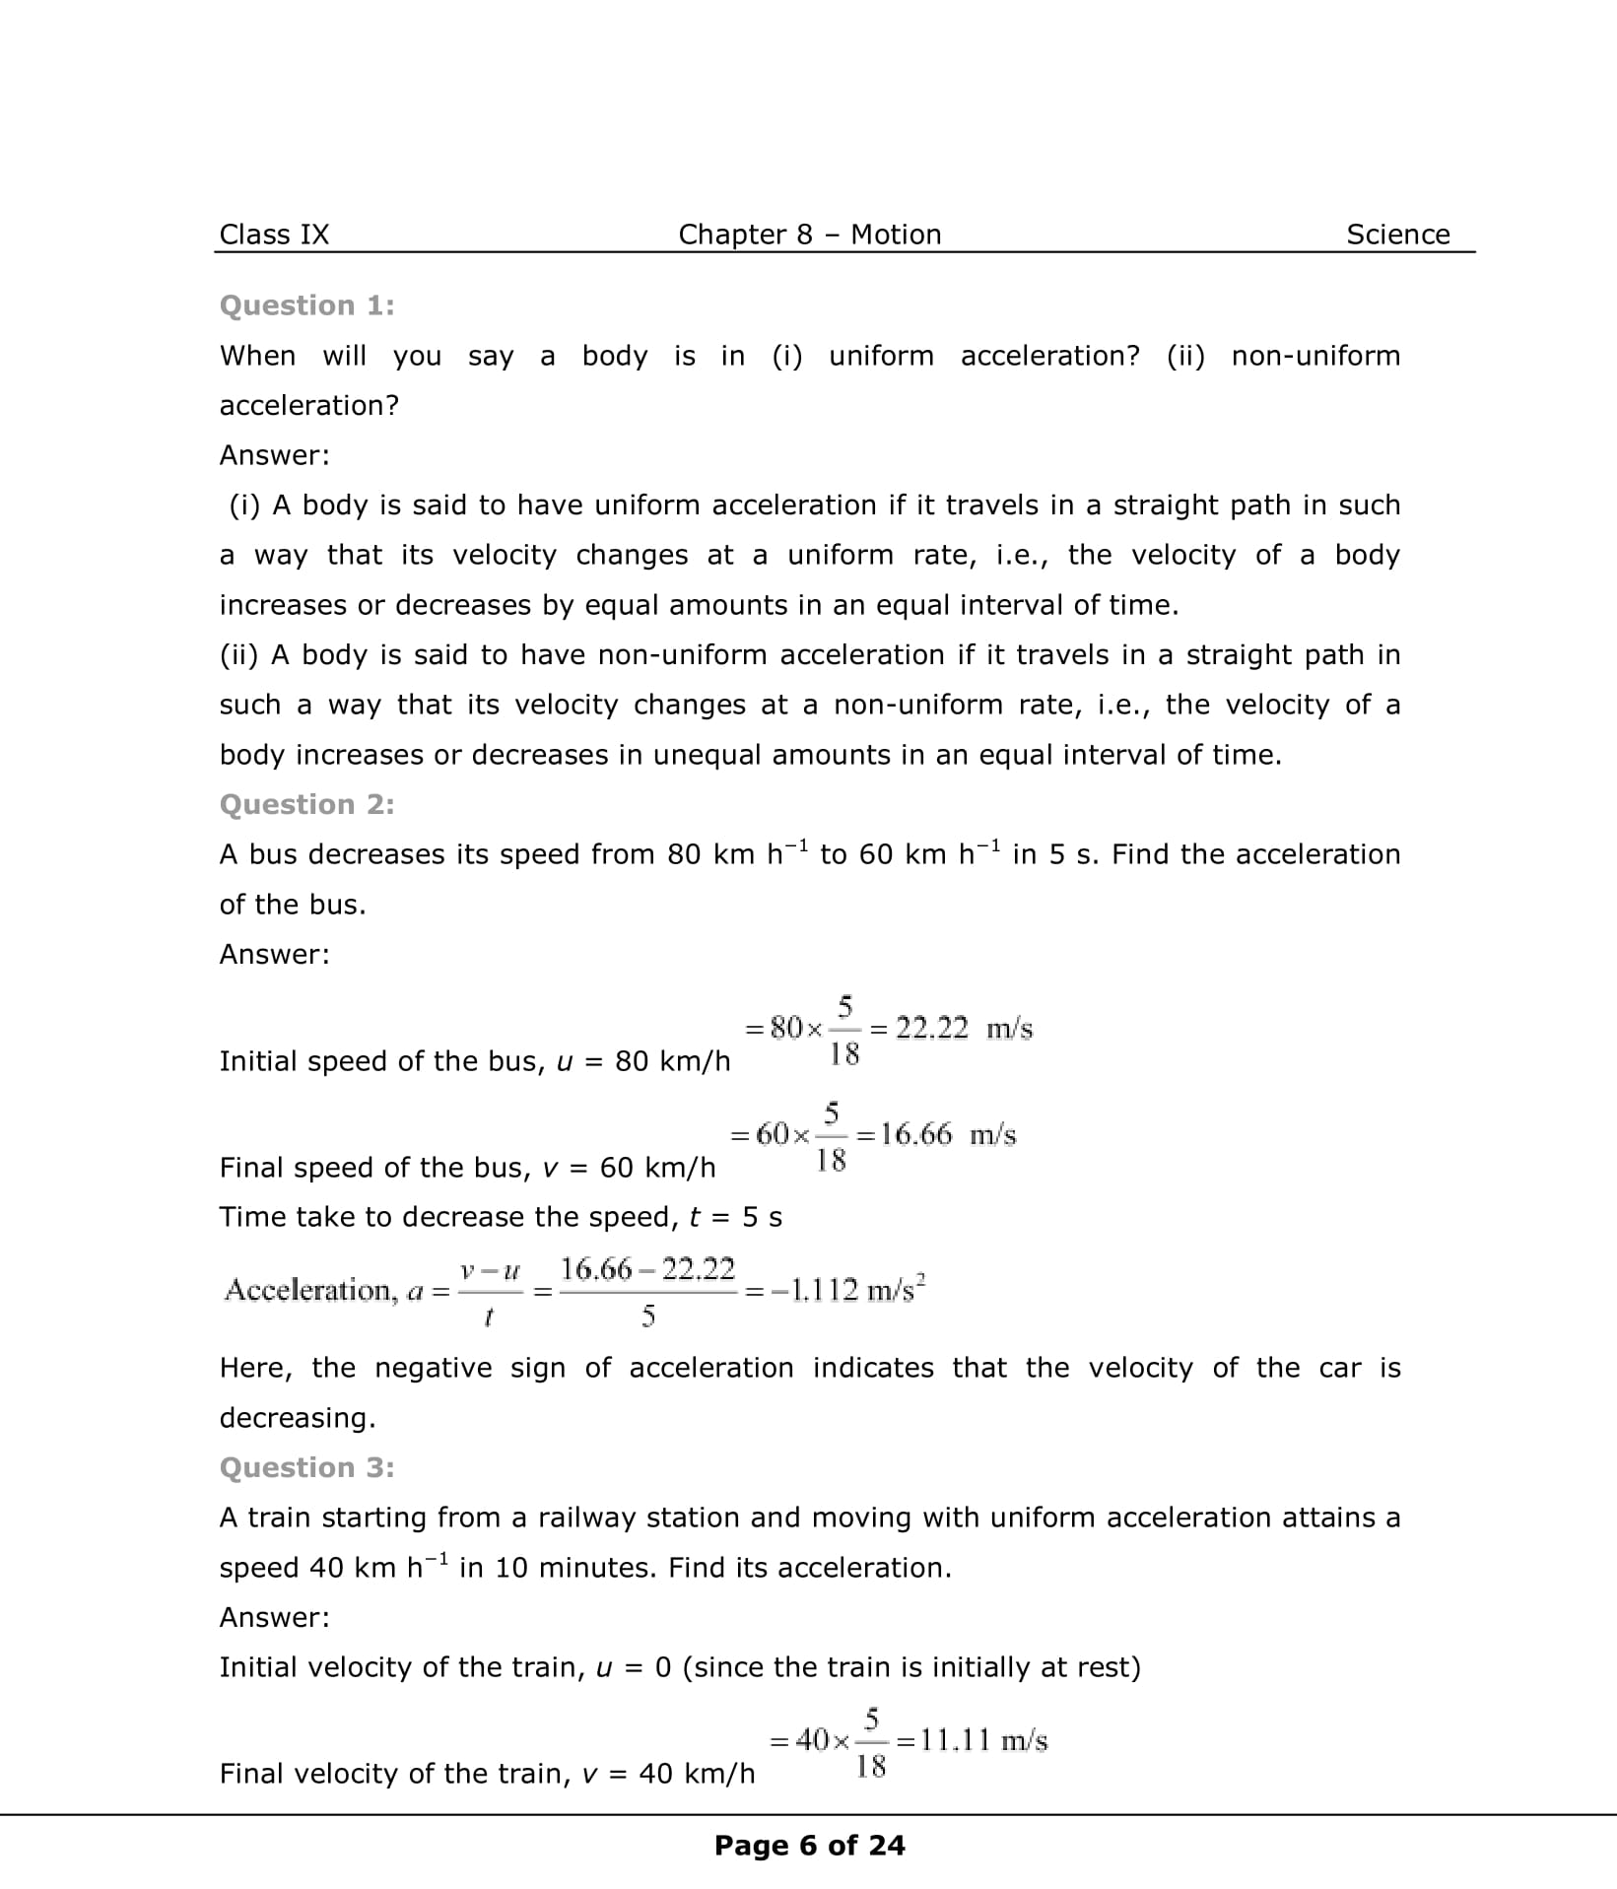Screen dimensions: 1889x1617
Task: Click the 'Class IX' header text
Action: (x=274, y=235)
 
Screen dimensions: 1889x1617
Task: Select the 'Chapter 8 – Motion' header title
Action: (x=809, y=235)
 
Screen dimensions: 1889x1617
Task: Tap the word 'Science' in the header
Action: (x=1397, y=235)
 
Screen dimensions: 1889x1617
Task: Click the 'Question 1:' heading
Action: (x=306, y=305)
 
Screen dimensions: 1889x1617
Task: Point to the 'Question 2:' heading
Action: (x=306, y=804)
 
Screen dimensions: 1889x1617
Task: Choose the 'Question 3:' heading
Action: (x=306, y=1467)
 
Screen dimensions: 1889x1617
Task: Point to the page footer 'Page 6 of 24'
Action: (x=809, y=1846)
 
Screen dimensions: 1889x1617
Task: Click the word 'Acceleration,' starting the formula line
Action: (x=308, y=1290)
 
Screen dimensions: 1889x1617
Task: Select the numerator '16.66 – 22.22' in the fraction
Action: (x=647, y=1269)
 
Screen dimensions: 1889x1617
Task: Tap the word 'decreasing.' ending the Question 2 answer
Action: (x=298, y=1418)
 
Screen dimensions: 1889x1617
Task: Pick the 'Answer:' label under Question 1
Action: (x=274, y=455)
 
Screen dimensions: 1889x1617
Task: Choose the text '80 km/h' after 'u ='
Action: (x=672, y=1061)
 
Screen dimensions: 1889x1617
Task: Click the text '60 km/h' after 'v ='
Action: (x=657, y=1168)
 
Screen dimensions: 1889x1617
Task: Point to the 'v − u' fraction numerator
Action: (x=489, y=1271)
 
